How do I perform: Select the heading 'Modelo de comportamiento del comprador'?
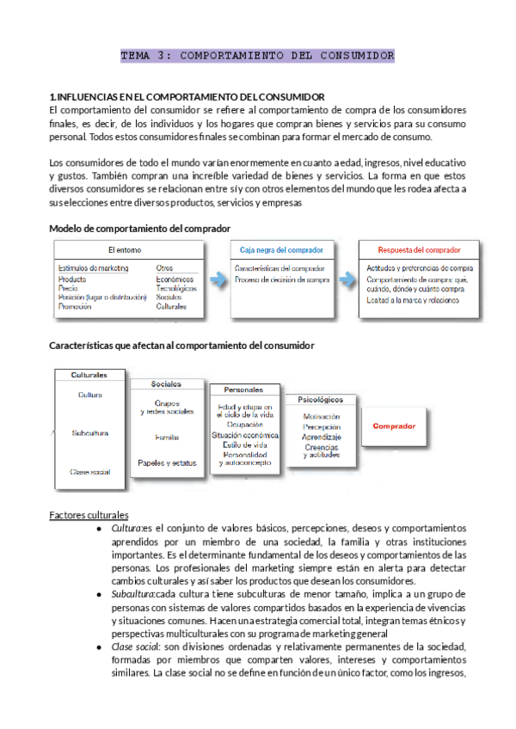point(140,229)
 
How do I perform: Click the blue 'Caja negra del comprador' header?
point(281,250)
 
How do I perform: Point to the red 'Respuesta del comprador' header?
point(419,250)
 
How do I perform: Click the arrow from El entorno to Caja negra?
point(218,279)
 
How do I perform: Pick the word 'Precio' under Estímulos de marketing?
point(70,288)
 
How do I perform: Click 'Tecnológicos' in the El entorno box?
point(176,288)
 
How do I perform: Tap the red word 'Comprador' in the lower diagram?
point(394,426)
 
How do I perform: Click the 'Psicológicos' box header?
point(320,400)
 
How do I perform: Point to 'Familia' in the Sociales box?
point(167,437)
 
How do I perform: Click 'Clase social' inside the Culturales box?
point(90,471)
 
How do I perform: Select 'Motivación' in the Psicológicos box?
point(322,417)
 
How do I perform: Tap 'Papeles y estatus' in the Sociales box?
point(167,463)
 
